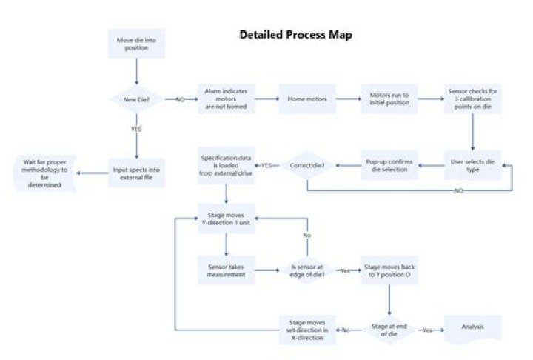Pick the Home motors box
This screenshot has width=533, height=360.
click(x=306, y=99)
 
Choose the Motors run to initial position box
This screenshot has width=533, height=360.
click(x=389, y=99)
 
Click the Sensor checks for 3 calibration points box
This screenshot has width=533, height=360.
click(x=474, y=99)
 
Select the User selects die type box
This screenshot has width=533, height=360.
click(x=474, y=164)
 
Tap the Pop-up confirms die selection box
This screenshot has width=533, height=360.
click(x=390, y=164)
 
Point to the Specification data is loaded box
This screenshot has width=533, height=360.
click(x=226, y=164)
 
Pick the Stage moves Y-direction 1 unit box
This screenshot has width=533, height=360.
click(x=226, y=219)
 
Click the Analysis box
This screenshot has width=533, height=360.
click(x=472, y=327)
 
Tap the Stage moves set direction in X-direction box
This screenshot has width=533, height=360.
click(x=306, y=327)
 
